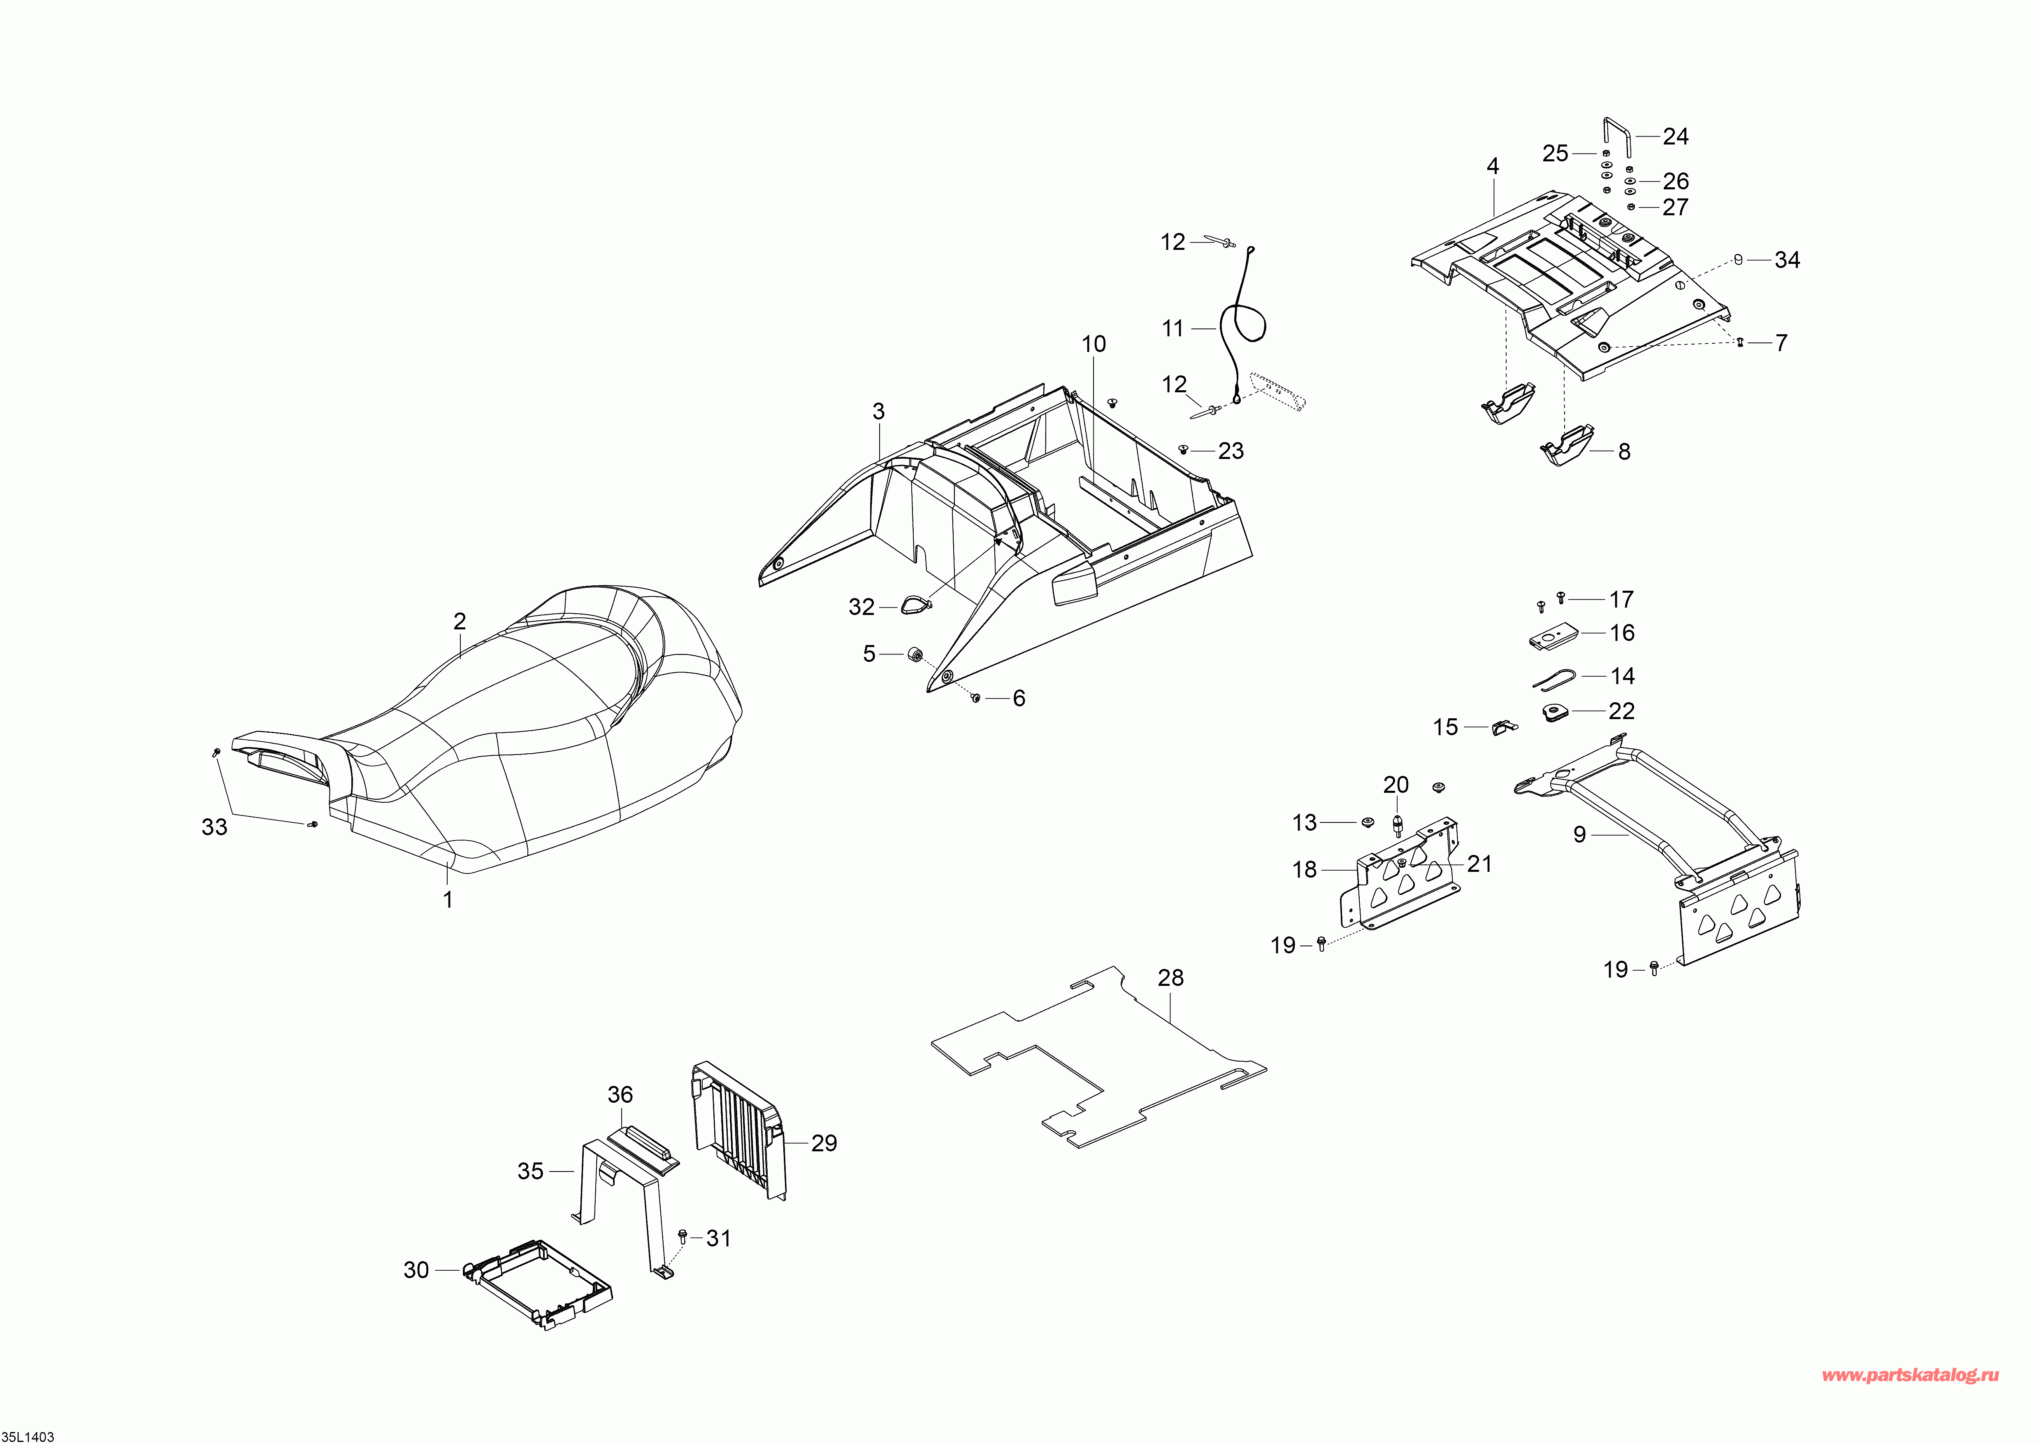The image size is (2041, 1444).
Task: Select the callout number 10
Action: pos(1094,344)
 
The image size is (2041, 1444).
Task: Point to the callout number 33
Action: pos(214,827)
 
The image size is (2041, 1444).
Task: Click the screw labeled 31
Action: pos(683,1236)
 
